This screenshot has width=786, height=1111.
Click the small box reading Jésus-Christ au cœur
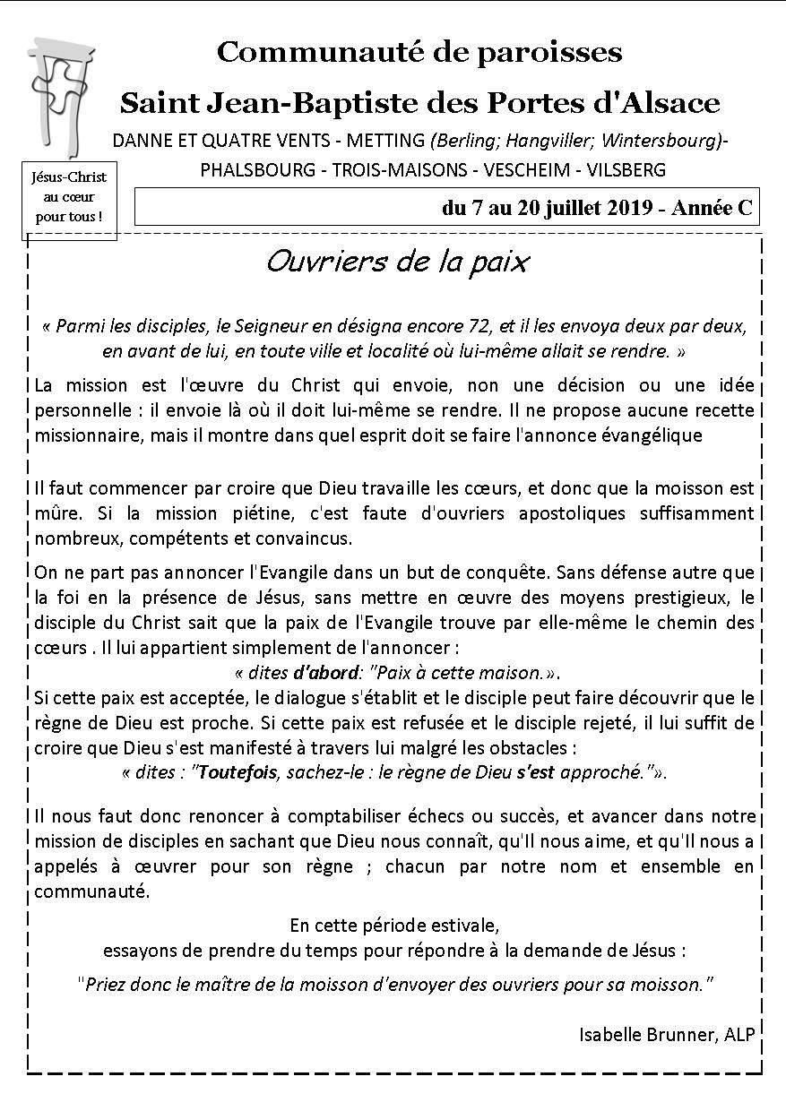click(69, 197)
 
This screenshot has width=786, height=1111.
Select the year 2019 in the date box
click(630, 208)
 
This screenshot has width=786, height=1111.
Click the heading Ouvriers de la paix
click(397, 262)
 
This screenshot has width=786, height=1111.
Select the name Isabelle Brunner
click(645, 1034)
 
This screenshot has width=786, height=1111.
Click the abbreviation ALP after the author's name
click(737, 1034)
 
